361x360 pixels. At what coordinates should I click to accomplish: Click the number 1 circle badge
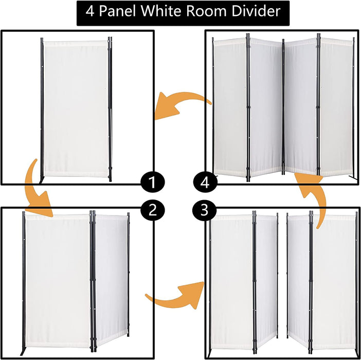(152, 182)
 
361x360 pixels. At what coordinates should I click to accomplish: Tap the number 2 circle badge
(152, 210)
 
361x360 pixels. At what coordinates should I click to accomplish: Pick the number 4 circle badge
(205, 182)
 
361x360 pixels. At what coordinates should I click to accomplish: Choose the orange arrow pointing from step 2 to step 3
(172, 294)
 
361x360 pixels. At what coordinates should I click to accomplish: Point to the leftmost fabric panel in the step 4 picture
(230, 108)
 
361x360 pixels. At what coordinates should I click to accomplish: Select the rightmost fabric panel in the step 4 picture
(337, 108)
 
